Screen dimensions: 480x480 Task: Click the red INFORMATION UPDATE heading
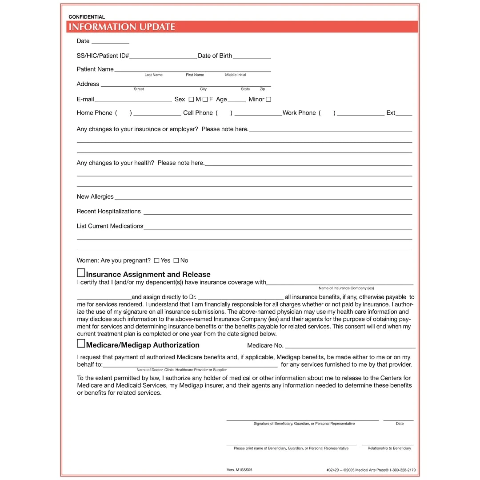122,27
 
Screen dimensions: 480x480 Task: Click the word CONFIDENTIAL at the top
87,17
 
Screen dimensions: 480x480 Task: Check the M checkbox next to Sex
191,100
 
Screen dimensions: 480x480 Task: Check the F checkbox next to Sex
205,100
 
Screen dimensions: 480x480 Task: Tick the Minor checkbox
268,100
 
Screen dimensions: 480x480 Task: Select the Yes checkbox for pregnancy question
156,260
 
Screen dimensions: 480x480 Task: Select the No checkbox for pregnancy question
176,260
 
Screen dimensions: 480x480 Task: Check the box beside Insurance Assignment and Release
81,273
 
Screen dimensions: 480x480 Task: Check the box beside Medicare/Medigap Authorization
81,344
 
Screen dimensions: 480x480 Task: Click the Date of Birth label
215,56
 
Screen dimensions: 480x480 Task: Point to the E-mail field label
85,100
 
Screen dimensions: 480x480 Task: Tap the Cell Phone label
198,113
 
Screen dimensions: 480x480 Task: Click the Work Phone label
299,113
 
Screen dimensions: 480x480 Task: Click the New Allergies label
95,197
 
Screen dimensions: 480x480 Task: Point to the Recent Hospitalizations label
108,212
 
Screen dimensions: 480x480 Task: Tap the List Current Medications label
110,226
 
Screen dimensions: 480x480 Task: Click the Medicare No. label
265,345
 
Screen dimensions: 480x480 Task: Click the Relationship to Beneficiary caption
389,448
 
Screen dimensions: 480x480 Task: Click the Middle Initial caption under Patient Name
236,75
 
